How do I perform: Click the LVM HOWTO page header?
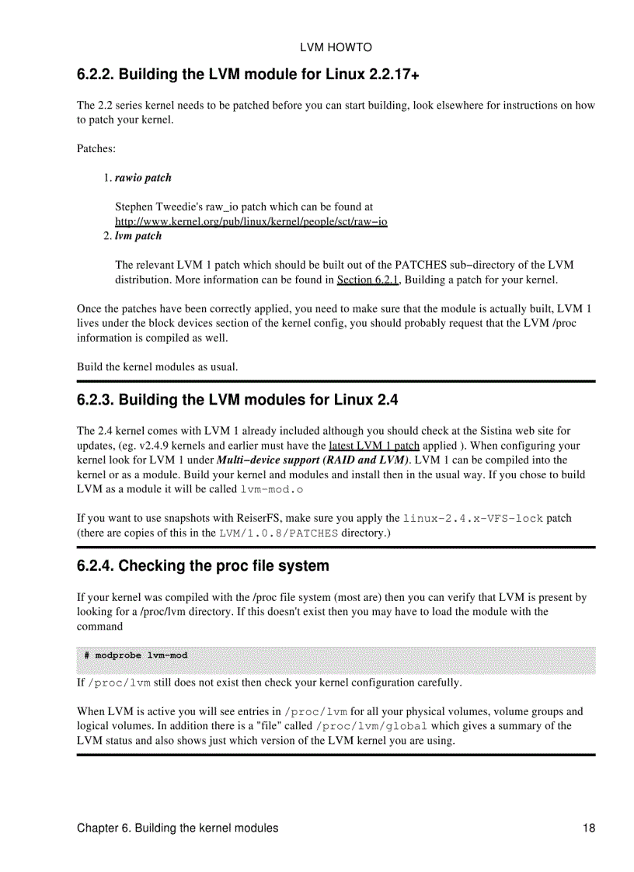click(336, 47)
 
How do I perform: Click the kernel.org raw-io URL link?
click(251, 221)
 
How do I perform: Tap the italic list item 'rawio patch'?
click(143, 178)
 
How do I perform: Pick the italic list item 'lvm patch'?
click(138, 235)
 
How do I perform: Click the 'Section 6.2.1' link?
click(368, 280)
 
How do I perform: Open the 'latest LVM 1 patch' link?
click(374, 446)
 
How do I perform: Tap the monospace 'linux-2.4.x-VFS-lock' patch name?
click(473, 518)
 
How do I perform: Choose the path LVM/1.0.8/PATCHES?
click(279, 533)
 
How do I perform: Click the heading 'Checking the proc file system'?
click(224, 566)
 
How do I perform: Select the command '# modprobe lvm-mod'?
click(136, 655)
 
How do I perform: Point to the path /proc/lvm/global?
click(371, 726)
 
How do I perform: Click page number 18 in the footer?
click(588, 829)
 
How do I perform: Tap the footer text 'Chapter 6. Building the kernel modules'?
click(177, 829)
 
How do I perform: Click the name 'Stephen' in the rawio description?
click(134, 207)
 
